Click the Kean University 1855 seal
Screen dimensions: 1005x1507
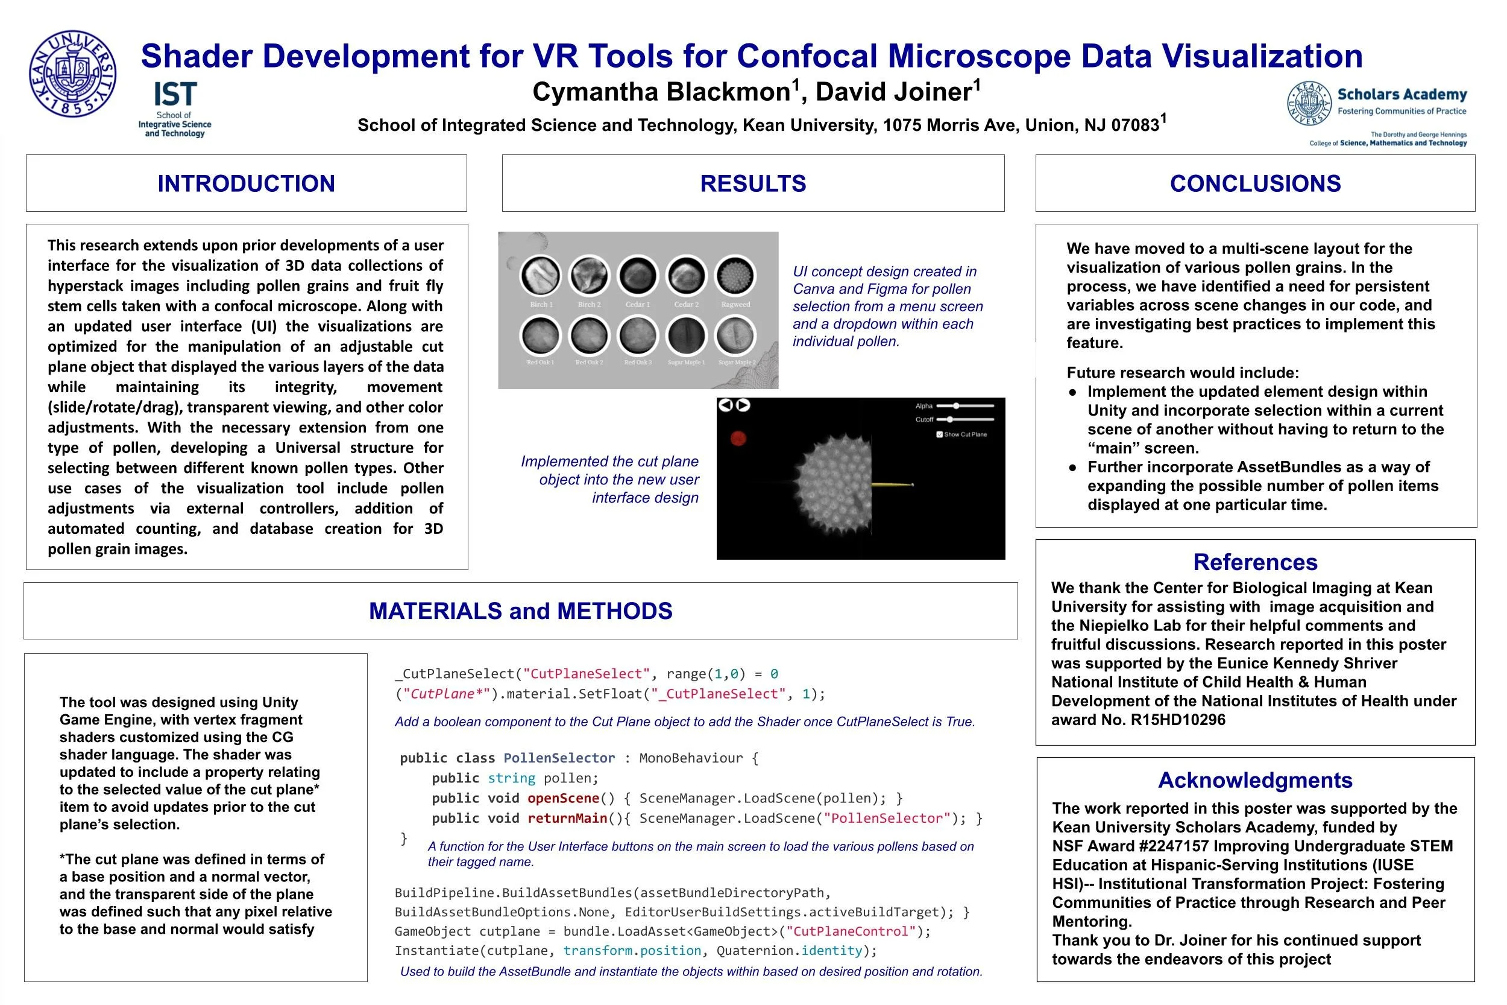tap(72, 73)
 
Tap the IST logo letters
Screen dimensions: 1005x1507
tap(175, 95)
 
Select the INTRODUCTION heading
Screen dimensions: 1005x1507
tap(246, 183)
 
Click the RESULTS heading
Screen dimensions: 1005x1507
tap(752, 183)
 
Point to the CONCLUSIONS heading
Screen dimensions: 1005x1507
tap(1254, 183)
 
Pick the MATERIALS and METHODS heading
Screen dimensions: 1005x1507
tap(520, 611)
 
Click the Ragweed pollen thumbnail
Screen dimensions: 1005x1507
tap(735, 276)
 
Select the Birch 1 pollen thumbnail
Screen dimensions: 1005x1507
tap(541, 276)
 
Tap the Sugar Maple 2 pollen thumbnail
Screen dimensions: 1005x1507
tap(736, 335)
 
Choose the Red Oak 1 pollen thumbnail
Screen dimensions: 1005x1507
tap(541, 335)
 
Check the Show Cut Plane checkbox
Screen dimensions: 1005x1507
tap(940, 434)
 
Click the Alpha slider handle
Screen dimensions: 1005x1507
tap(956, 406)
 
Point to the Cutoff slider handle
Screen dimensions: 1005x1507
tap(950, 420)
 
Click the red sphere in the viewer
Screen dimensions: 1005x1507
tap(738, 439)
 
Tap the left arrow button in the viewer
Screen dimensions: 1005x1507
tap(725, 405)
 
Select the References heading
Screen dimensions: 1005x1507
tap(1254, 562)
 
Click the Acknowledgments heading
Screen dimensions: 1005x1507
tap(1254, 780)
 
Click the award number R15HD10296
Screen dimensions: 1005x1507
tap(1178, 720)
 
